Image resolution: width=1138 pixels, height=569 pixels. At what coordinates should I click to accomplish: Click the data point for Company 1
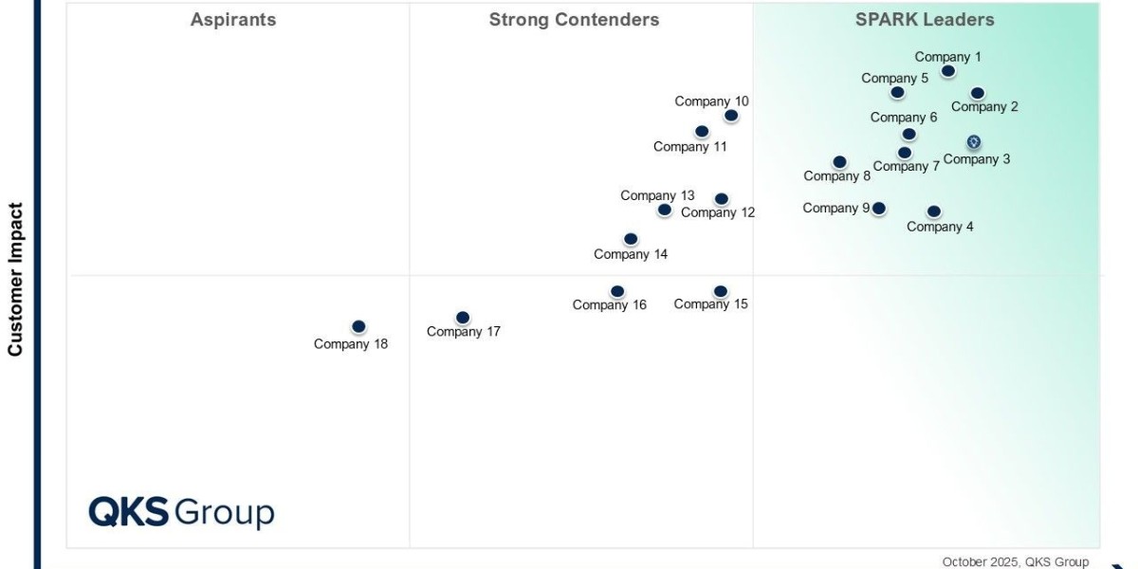948,71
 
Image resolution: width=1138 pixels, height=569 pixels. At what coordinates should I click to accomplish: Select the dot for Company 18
358,326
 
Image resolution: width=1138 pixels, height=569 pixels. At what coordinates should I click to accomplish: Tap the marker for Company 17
463,318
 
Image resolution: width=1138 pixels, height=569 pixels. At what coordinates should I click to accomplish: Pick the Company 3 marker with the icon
974,142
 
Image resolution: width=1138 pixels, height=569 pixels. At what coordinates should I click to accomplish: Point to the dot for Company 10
731,116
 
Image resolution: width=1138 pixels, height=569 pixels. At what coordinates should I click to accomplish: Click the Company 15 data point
721,291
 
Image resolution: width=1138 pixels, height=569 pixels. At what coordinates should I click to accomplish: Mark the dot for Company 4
934,211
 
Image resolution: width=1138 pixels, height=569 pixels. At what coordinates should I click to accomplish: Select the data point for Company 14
631,239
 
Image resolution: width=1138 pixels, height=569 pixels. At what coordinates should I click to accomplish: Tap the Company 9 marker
879,208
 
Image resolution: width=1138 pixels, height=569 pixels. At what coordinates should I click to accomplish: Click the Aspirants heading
233,20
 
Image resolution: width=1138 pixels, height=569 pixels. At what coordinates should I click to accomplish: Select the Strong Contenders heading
574,20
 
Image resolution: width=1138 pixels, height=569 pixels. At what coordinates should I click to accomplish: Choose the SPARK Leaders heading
925,20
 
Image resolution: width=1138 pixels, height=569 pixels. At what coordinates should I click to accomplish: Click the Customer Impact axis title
15,279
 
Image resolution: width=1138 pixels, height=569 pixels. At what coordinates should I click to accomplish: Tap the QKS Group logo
181,512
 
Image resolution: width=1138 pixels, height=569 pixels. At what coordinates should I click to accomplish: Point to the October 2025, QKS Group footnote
1016,561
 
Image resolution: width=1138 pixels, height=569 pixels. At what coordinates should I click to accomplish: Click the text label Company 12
718,212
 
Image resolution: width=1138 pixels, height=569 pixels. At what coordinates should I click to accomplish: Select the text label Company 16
610,305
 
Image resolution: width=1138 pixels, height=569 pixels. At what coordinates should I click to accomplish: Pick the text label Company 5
895,79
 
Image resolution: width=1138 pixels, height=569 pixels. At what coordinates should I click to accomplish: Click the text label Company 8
837,176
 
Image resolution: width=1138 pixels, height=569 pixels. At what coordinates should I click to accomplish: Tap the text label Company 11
690,147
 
